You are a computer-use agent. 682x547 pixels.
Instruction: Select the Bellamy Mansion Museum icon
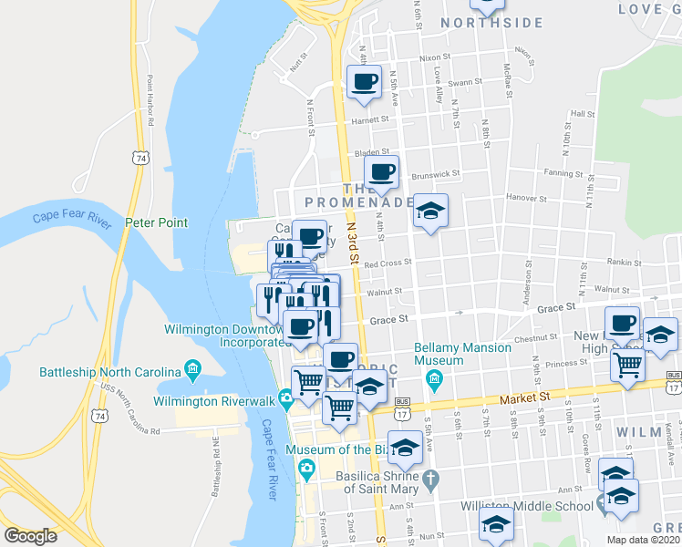[434, 377]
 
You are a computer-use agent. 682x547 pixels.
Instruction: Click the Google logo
[30, 536]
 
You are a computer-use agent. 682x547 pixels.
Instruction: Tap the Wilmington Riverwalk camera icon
[286, 397]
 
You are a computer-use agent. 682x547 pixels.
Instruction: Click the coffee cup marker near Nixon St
[364, 82]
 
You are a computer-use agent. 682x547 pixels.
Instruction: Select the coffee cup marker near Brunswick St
[381, 171]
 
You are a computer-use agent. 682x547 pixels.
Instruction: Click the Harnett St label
[371, 119]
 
